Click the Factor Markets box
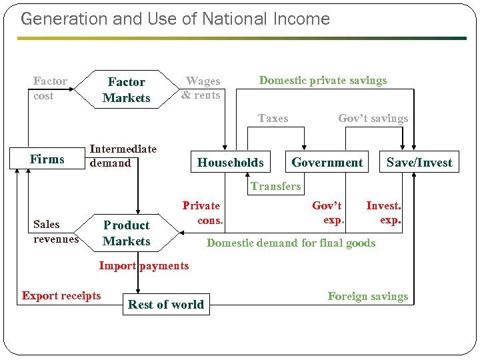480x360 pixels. point(127,90)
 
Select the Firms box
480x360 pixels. point(47,159)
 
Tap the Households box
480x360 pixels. point(231,162)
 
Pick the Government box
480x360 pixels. point(327,162)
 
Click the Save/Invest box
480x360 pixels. point(419,162)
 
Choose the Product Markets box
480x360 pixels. point(127,233)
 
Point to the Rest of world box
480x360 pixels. point(166,305)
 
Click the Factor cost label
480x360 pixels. point(50,88)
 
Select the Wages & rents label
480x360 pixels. point(201,88)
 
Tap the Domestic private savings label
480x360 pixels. point(323,81)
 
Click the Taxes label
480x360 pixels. point(273,118)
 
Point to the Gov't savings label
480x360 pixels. point(373,118)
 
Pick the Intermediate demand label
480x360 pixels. point(123,156)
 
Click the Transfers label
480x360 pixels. point(276,187)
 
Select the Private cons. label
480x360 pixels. point(202,213)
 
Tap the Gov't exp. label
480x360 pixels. point(328,213)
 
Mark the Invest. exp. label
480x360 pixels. point(384,213)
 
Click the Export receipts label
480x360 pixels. point(61,295)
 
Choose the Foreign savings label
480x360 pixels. point(367,296)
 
